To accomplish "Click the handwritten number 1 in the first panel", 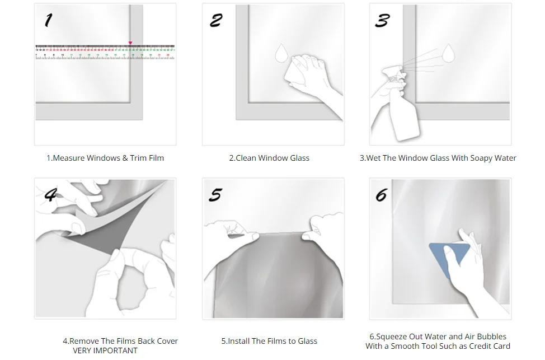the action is [48, 20].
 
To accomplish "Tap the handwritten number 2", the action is [216, 20].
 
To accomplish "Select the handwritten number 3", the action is [382, 20].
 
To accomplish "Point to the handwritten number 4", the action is [51, 194].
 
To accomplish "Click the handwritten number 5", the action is [215, 195].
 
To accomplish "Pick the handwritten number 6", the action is [381, 195].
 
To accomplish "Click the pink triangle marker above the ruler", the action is [130, 43].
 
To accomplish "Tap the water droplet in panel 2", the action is [281, 53].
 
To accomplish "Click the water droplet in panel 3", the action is [448, 53].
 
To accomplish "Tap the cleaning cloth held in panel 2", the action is [295, 71].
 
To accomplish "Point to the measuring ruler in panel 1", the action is [105, 52].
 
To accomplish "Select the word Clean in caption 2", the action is [246, 158].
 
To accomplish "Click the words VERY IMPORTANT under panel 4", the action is [105, 350].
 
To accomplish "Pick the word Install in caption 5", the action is [238, 341].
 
